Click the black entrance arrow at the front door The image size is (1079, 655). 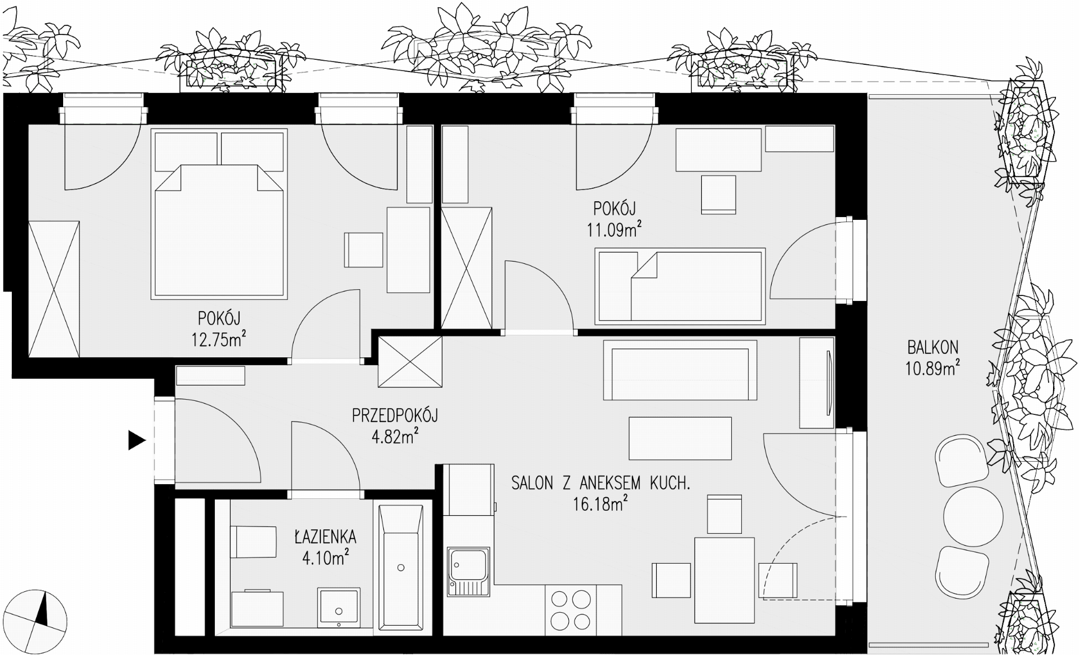(x=136, y=440)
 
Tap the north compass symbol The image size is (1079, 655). (x=38, y=616)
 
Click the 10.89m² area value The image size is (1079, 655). (x=933, y=368)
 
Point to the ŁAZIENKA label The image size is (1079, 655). (x=325, y=536)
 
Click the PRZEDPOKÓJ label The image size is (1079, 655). (x=395, y=416)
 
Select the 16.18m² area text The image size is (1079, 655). (x=600, y=503)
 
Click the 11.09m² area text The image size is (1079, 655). (x=614, y=229)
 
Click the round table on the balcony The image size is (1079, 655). (x=973, y=516)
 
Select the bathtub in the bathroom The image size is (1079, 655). (x=401, y=567)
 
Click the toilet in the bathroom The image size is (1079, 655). (x=253, y=542)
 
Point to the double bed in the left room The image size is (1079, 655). (x=219, y=214)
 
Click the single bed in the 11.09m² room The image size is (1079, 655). (x=680, y=286)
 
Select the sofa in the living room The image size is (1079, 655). (x=680, y=370)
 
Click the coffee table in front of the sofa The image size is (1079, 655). (x=680, y=439)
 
